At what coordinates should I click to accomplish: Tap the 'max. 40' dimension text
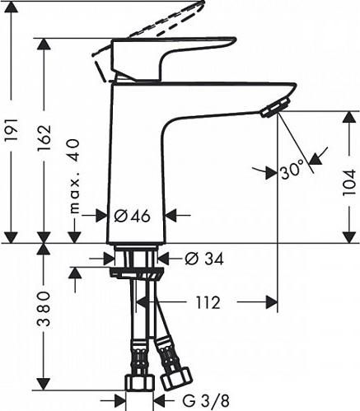(x=77, y=174)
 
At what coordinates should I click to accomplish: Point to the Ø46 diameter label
(x=132, y=216)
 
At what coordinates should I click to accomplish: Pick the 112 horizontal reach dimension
(x=208, y=302)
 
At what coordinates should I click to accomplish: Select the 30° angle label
(x=291, y=171)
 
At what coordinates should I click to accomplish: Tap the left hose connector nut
(x=139, y=384)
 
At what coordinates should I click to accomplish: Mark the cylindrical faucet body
(x=137, y=165)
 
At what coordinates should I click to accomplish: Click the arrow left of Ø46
(x=98, y=216)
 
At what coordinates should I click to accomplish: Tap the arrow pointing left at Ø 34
(x=164, y=259)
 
